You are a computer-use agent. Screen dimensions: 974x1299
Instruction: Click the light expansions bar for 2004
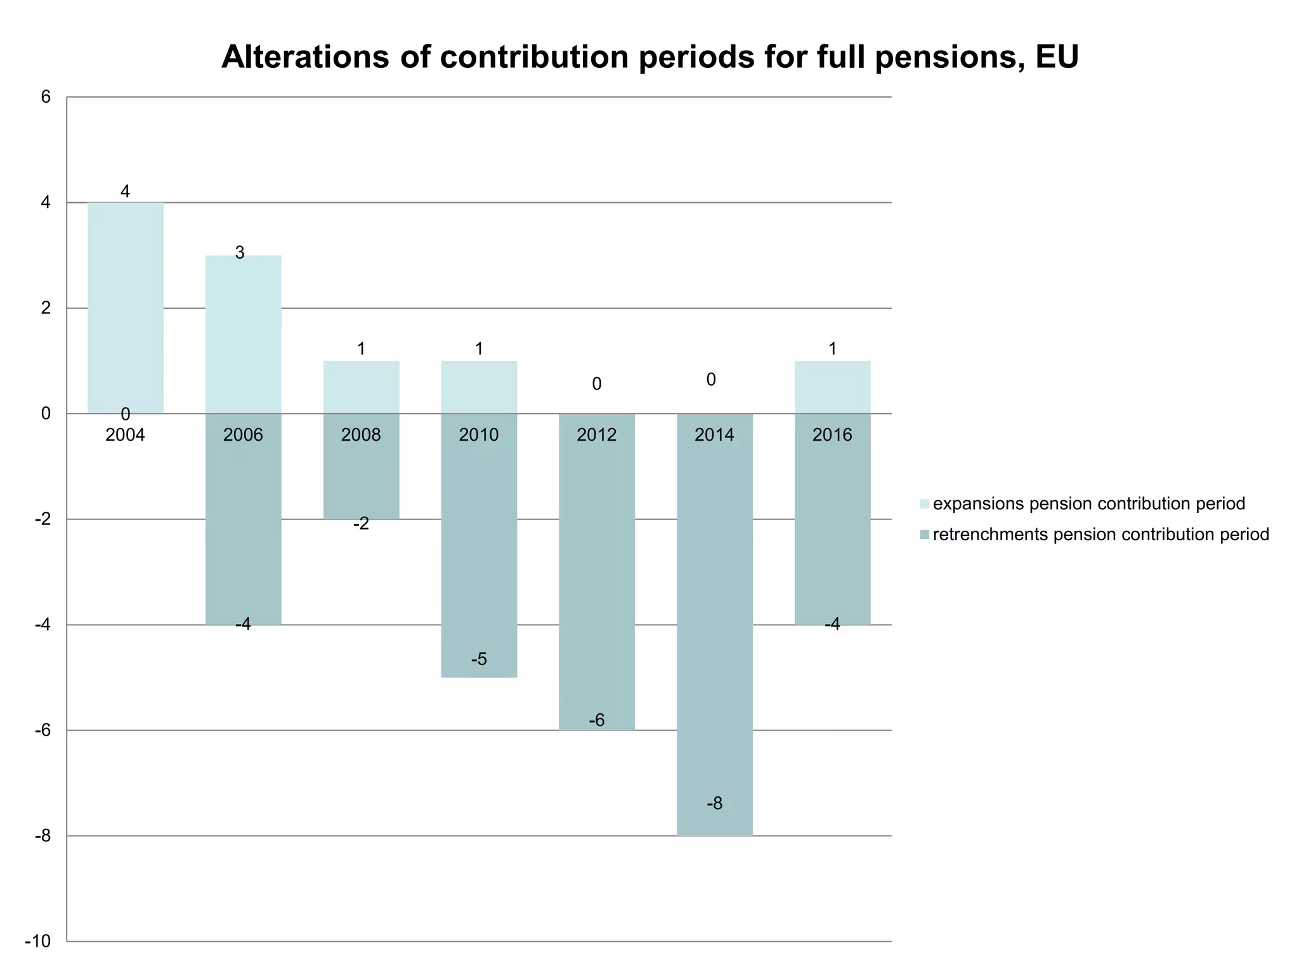tap(125, 308)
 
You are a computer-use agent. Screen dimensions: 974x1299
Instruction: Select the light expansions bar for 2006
tap(243, 334)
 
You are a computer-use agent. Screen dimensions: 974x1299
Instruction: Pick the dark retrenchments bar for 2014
tap(714, 625)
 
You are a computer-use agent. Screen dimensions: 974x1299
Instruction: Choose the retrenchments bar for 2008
tap(361, 476)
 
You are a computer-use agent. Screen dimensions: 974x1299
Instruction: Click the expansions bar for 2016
tap(832, 387)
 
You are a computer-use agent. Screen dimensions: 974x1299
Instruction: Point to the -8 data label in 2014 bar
tap(714, 804)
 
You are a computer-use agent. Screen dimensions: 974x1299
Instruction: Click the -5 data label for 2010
tap(479, 659)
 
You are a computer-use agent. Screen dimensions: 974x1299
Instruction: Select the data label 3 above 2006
tap(240, 253)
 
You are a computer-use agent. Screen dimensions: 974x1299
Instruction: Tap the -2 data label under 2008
tap(361, 524)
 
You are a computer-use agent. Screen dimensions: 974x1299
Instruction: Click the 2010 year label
tap(479, 435)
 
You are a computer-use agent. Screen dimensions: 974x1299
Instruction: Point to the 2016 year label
tap(832, 435)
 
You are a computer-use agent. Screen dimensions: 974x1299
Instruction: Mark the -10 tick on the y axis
tap(37, 941)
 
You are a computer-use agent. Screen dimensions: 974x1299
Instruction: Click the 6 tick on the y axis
tap(46, 97)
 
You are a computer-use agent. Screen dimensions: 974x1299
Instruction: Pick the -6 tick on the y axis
tap(42, 730)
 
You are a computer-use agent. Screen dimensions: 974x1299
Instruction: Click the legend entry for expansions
tap(1088, 504)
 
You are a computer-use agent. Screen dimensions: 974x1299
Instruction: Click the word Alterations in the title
tap(304, 57)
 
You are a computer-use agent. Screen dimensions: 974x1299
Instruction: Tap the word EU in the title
tap(1057, 57)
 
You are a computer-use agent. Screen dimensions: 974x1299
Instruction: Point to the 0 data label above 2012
tap(596, 384)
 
